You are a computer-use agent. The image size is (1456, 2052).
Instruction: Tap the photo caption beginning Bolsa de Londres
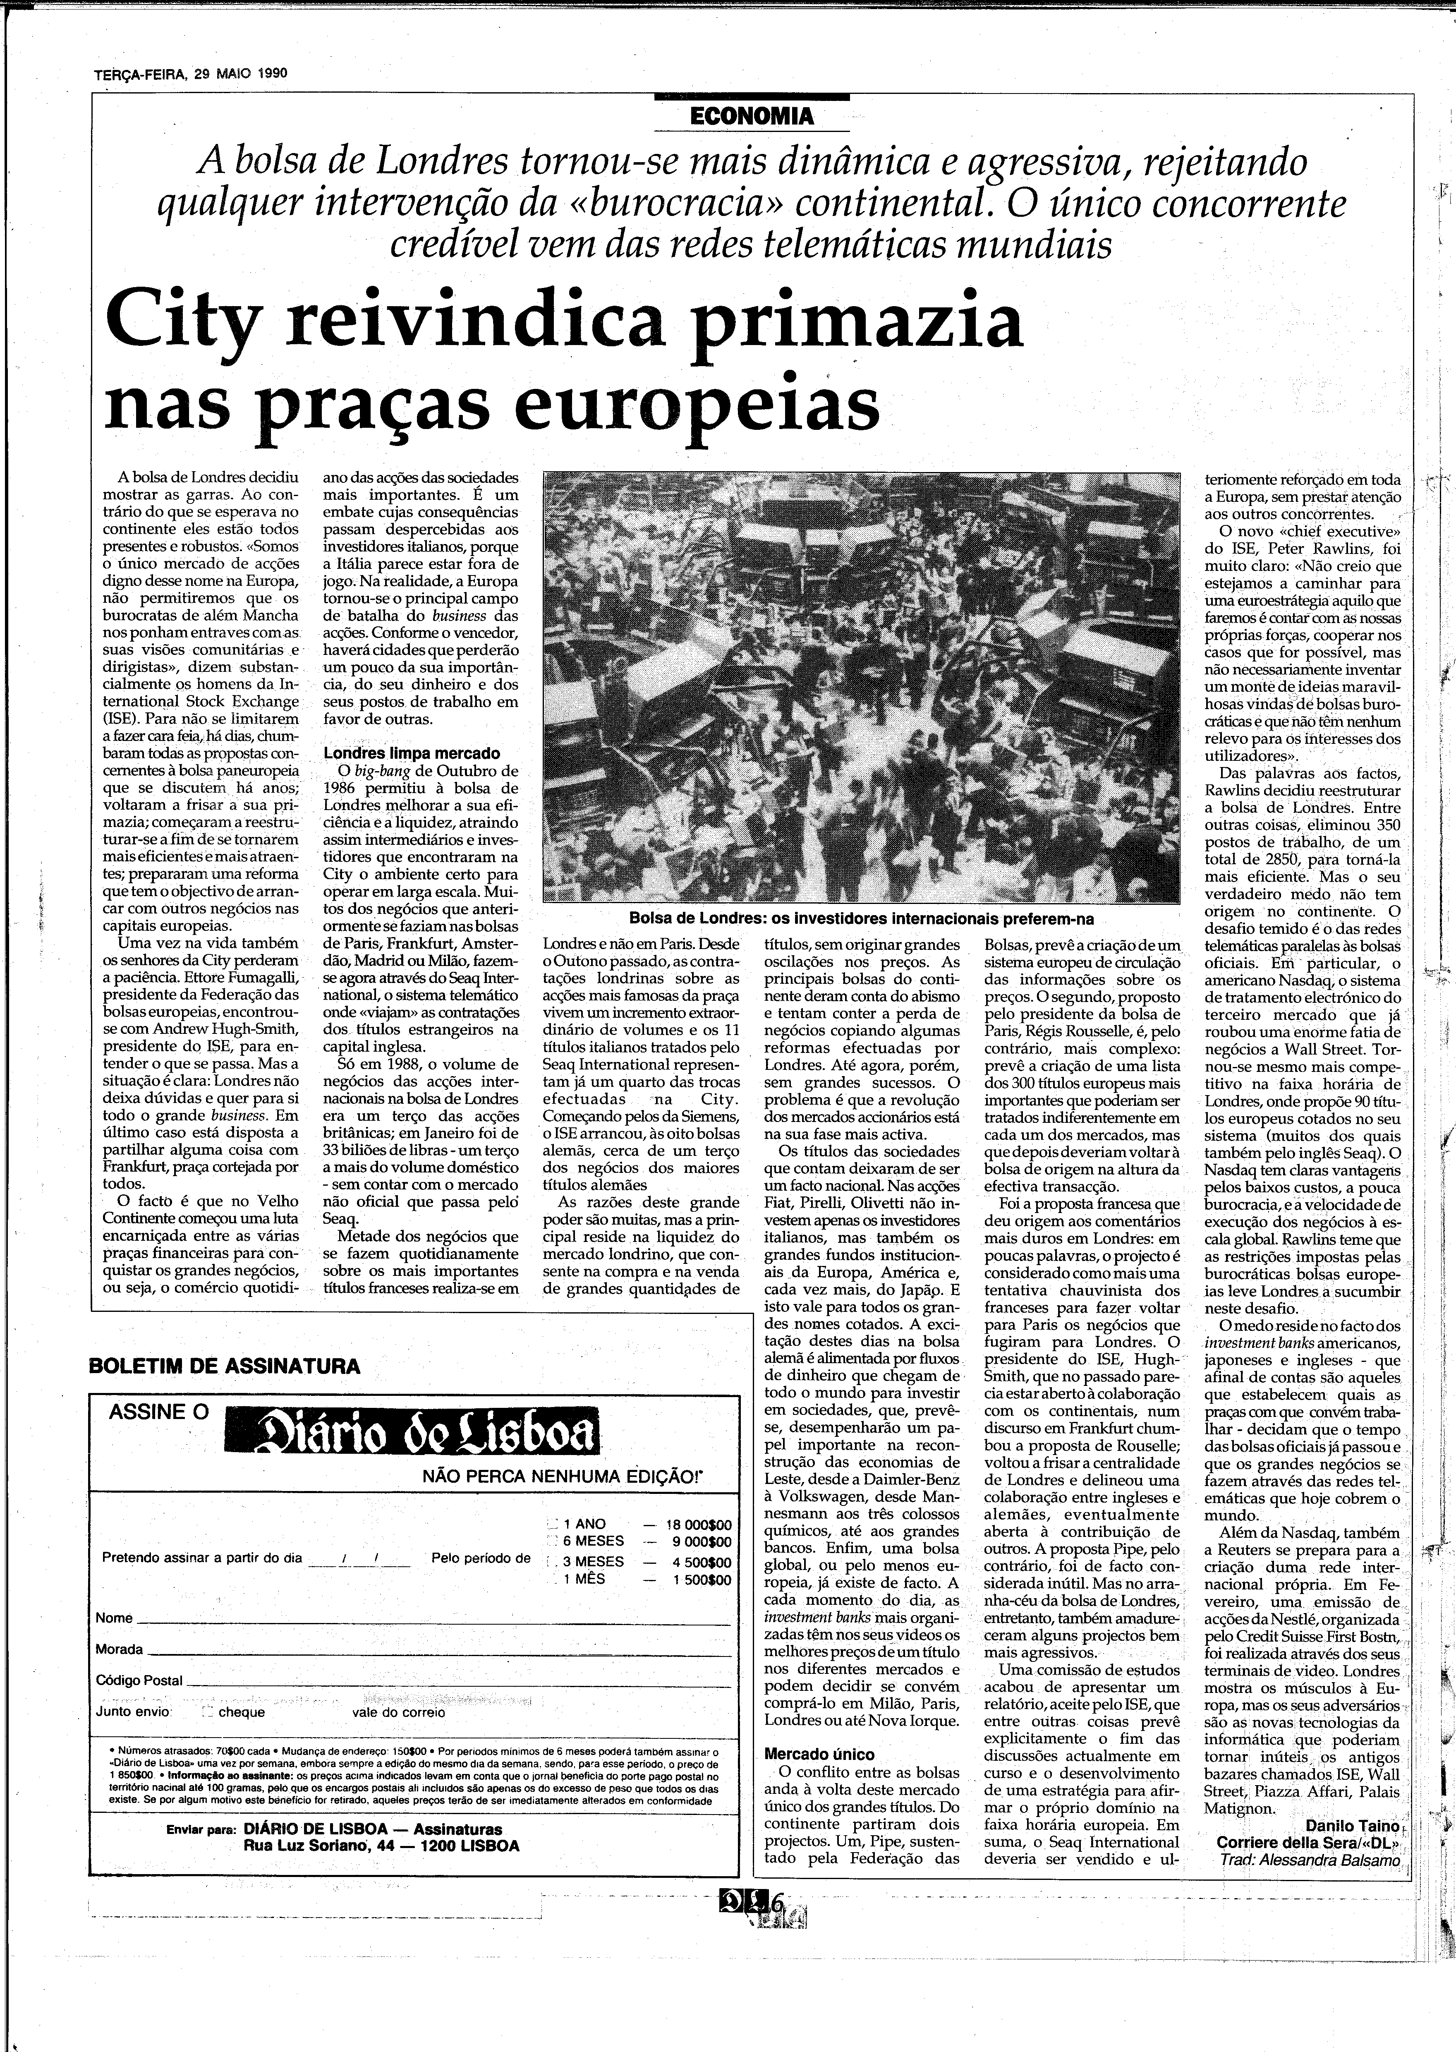coord(861,919)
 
